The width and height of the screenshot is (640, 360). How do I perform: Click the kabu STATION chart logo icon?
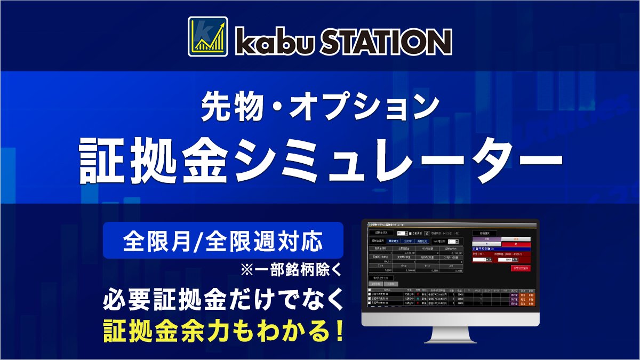208,36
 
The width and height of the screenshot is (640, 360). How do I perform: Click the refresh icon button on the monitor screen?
427,233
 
